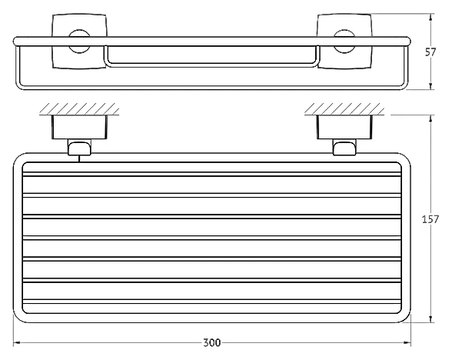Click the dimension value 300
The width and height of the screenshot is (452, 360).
point(212,343)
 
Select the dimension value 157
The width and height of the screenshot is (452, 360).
point(430,219)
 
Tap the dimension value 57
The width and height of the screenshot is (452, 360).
point(430,52)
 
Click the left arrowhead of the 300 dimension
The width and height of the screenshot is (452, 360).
point(16,343)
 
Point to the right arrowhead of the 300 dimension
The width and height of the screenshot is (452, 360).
point(407,343)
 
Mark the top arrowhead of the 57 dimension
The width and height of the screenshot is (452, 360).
point(430,17)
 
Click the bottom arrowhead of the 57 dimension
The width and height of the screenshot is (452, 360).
point(430,86)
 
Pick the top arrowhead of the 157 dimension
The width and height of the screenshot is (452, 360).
point(430,118)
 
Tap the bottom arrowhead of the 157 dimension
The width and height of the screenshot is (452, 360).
point(430,319)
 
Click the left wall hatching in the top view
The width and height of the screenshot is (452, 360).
point(80,109)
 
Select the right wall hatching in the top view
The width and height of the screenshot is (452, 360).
point(344,109)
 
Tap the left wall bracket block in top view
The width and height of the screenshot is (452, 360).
point(80,127)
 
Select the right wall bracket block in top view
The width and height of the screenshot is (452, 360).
point(344,127)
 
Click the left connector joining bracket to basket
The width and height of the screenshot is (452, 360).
point(80,148)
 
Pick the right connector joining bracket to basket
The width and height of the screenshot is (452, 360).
point(344,148)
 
